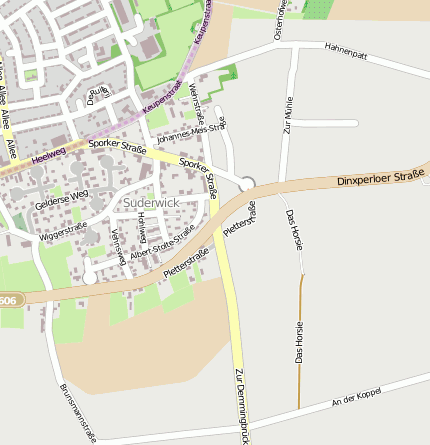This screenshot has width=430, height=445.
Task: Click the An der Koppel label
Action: (356, 403)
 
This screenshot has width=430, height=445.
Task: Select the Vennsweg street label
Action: (117, 246)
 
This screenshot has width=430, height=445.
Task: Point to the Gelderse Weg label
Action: (62, 203)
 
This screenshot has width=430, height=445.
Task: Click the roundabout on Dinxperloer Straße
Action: (247, 183)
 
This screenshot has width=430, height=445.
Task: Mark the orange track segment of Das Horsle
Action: (300, 340)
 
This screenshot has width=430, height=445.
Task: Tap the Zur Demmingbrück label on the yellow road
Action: (240, 405)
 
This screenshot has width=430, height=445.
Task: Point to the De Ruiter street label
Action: (97, 96)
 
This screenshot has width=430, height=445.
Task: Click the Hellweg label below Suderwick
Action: (141, 229)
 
